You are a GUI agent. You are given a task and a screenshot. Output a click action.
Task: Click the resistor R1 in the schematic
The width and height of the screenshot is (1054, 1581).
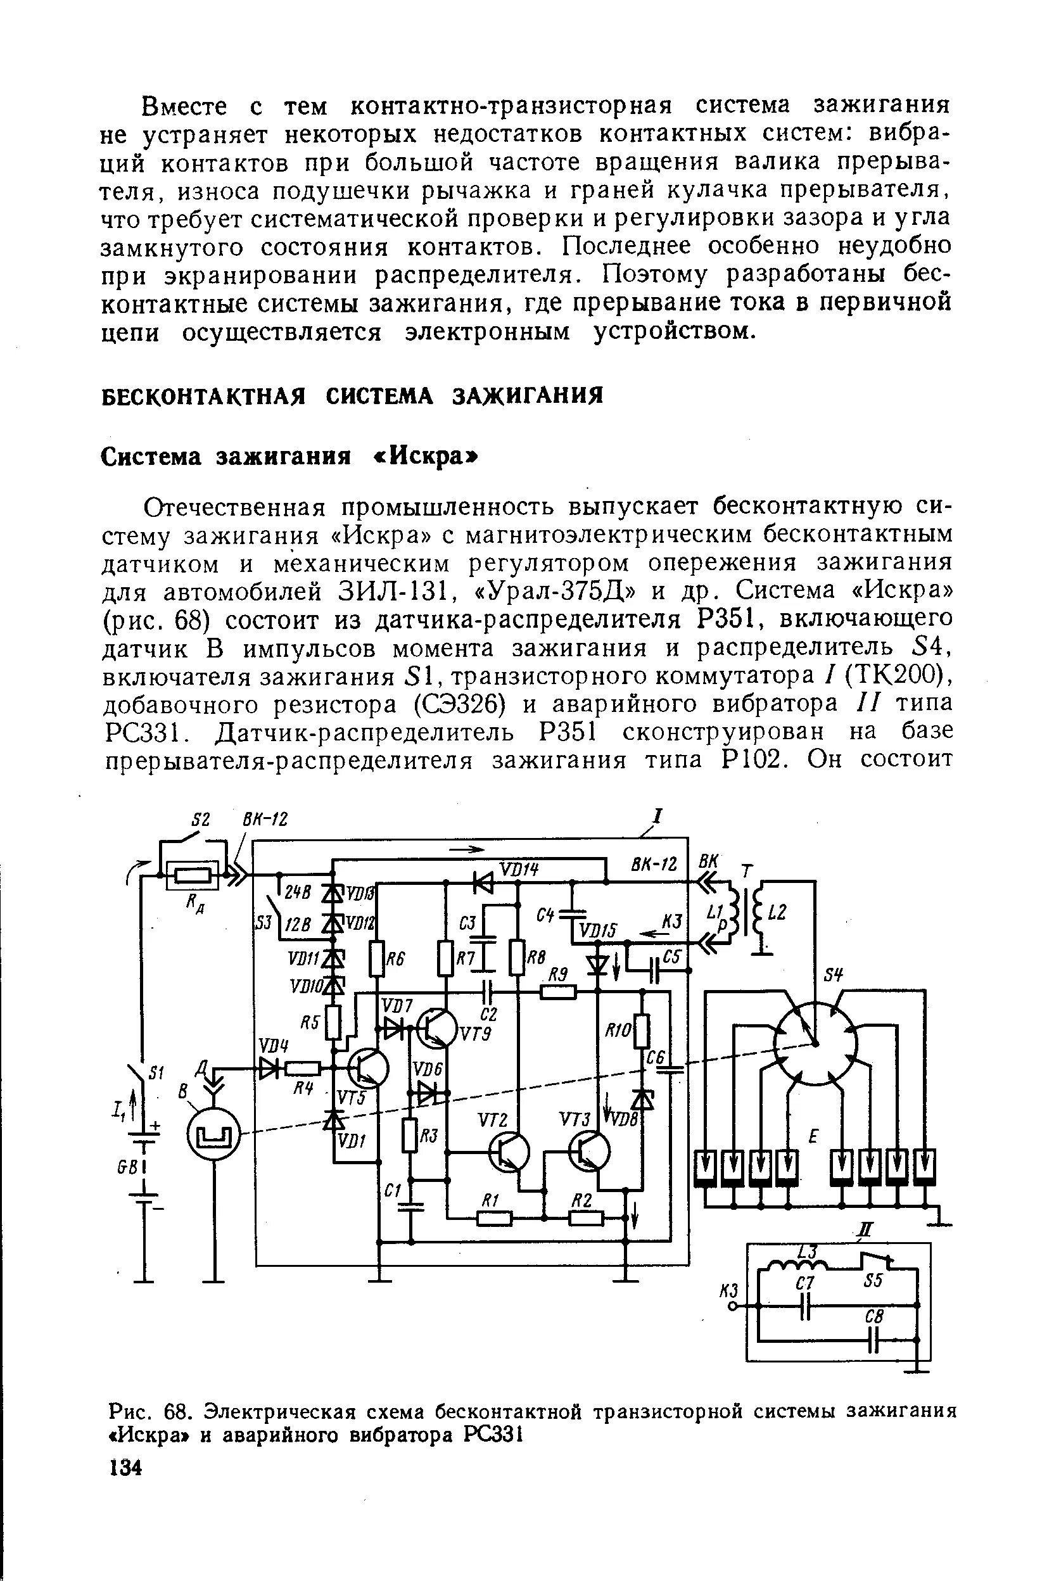click(495, 1217)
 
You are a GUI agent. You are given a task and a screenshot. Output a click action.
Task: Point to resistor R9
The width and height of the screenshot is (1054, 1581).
click(558, 991)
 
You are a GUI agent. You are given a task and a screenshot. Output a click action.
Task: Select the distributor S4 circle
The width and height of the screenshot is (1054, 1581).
click(815, 1044)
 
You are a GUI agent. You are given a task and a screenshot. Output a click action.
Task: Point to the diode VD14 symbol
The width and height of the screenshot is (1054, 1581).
click(483, 881)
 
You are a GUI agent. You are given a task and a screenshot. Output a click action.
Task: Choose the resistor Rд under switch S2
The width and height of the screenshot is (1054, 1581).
click(193, 876)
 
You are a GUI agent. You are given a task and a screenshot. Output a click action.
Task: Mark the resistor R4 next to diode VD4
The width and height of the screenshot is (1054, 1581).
click(303, 1068)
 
